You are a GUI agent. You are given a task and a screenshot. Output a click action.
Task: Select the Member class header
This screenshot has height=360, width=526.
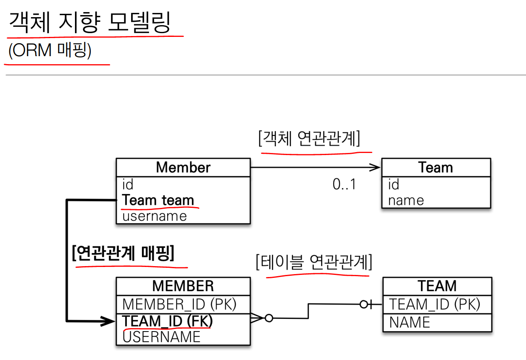point(183,168)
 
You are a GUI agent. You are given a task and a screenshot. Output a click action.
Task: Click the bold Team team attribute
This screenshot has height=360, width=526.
point(158,200)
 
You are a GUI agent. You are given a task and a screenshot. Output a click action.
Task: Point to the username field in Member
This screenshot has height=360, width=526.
point(154,216)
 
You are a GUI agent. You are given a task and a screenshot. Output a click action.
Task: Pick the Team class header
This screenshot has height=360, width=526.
point(436,168)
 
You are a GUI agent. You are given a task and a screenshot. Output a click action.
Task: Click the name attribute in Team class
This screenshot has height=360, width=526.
point(405,200)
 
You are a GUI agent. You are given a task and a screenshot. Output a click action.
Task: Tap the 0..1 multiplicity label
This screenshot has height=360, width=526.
point(344,184)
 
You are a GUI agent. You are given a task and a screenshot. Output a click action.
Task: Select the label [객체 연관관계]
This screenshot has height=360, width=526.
point(309,139)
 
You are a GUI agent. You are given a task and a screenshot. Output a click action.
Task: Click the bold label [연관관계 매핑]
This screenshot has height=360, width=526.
point(123,253)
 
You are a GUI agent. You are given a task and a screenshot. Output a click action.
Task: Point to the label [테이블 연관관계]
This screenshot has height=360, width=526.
point(314,263)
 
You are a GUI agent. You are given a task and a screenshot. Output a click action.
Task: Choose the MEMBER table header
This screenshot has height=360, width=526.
point(183,286)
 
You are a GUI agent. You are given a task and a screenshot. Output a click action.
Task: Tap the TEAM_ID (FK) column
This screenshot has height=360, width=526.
point(168,321)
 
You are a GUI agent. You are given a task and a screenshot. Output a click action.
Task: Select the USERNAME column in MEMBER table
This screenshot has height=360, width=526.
point(161,337)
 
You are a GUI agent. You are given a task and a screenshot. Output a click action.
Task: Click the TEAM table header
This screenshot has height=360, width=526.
point(437,286)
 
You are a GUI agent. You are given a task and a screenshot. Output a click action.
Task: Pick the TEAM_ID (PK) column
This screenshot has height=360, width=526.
point(435,304)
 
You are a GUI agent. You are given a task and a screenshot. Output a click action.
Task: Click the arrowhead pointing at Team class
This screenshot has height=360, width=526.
point(375,168)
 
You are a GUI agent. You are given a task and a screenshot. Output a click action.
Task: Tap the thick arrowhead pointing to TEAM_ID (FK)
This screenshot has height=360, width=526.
point(109,321)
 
